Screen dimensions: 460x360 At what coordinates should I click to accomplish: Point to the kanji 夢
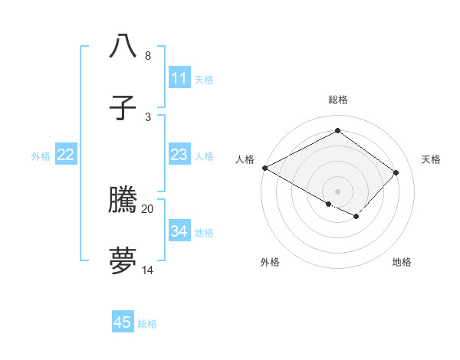click(x=123, y=260)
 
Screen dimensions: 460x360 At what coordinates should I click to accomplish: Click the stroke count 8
click(x=147, y=56)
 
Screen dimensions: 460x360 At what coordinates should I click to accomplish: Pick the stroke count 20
click(x=148, y=208)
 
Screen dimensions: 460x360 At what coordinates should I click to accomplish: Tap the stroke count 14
click(x=148, y=270)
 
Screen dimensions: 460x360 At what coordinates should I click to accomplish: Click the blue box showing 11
click(x=179, y=78)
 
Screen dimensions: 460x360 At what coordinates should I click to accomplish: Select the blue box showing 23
click(x=179, y=155)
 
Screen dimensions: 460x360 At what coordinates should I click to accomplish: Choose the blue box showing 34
click(x=179, y=231)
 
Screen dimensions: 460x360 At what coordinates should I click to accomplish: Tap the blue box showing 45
click(x=123, y=322)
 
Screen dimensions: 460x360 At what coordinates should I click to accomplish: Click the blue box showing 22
click(x=66, y=155)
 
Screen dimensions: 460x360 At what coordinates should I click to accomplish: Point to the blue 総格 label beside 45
click(x=147, y=324)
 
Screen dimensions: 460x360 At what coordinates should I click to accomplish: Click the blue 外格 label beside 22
click(x=41, y=156)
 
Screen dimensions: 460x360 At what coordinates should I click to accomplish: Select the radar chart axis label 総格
click(x=337, y=100)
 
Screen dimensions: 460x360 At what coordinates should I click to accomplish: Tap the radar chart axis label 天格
click(x=431, y=159)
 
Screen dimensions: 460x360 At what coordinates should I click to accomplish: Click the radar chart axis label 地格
click(x=402, y=262)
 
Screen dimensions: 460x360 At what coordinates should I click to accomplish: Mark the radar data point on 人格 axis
click(x=264, y=168)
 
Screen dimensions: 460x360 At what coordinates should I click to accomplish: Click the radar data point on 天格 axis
click(x=396, y=172)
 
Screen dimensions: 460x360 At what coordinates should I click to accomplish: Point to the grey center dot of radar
click(x=337, y=191)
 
